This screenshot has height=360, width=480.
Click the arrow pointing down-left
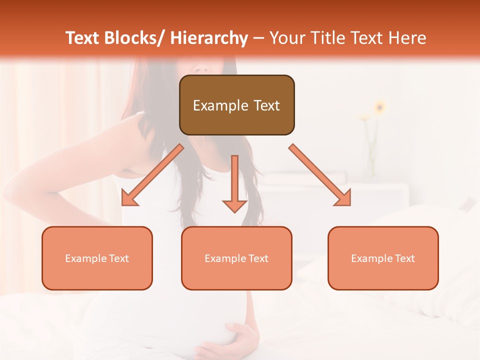[x=152, y=175]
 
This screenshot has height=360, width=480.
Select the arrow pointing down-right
[x=319, y=175]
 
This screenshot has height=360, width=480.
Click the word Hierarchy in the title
[x=209, y=38]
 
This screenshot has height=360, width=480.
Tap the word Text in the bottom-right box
[x=403, y=258]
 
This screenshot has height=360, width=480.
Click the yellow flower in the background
[x=379, y=106]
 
